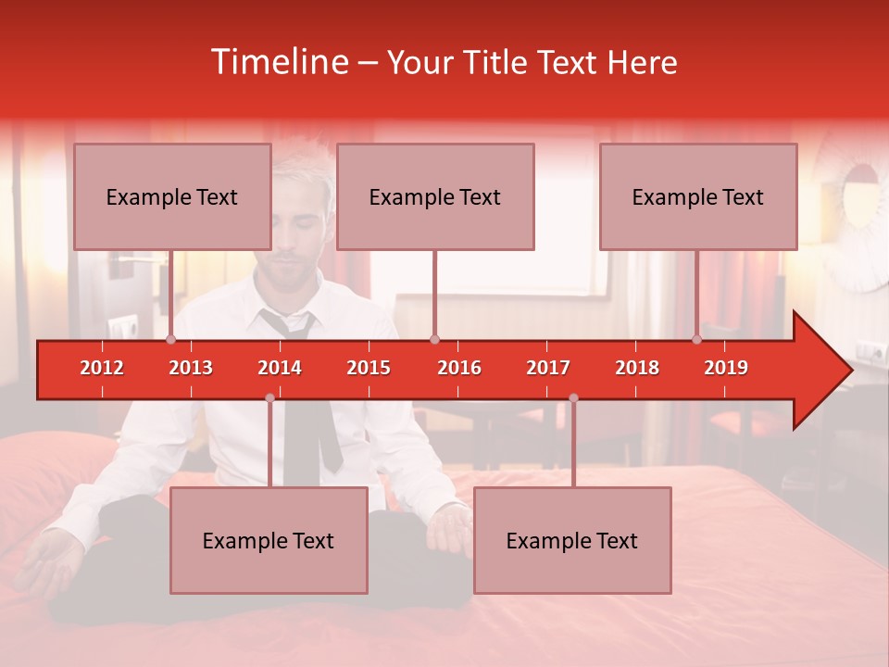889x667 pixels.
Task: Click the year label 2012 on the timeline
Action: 102,368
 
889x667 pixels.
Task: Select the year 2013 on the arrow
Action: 191,368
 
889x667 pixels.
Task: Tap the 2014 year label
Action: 280,368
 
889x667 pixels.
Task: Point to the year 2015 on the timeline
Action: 369,368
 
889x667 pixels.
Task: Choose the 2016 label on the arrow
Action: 459,368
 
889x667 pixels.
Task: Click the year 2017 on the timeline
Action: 548,368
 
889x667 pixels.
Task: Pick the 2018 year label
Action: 637,368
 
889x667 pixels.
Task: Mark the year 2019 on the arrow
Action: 726,368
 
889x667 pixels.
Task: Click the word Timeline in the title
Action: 279,62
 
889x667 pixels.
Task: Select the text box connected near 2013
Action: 172,196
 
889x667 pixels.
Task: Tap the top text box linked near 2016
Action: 435,196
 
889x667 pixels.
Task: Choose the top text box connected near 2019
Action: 698,196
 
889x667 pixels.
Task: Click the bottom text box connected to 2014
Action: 269,540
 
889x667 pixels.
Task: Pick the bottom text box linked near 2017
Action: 572,540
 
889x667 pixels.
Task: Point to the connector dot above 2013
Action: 171,340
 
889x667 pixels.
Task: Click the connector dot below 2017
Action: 573,398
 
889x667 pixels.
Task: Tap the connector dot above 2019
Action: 697,340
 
